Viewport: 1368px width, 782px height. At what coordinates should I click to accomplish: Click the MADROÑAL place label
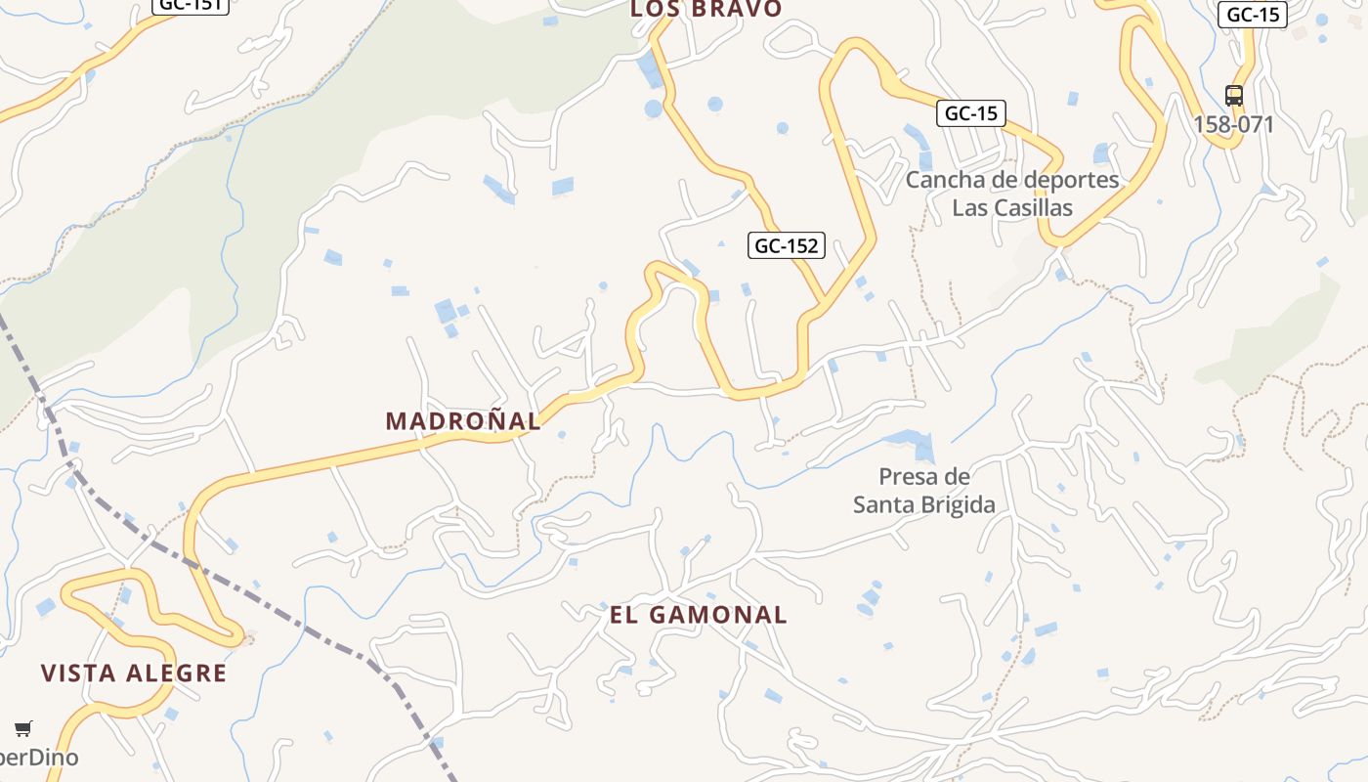pos(463,421)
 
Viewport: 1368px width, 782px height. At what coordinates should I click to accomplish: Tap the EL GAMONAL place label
pos(698,615)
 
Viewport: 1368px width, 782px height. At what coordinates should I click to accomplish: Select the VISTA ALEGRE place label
pos(134,673)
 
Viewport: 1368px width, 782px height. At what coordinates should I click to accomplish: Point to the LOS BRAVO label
pos(705,9)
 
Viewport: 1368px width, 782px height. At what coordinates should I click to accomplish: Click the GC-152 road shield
pos(787,245)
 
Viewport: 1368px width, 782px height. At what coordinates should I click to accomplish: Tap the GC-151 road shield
pos(191,4)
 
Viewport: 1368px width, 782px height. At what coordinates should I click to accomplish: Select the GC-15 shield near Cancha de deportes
pos(971,113)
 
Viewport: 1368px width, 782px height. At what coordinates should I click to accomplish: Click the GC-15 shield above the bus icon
pos(1252,15)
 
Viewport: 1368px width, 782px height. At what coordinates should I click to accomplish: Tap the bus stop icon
pos(1234,96)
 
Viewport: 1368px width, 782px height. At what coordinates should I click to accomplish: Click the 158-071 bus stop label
pos(1234,125)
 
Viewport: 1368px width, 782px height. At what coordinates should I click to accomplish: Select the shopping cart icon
pos(23,728)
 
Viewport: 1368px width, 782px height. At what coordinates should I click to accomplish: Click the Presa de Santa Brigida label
pos(923,491)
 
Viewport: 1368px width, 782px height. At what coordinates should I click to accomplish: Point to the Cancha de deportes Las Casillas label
pos(1011,194)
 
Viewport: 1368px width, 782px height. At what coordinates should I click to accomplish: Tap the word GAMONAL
pos(728,615)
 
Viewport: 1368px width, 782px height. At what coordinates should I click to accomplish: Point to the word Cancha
pos(941,180)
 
